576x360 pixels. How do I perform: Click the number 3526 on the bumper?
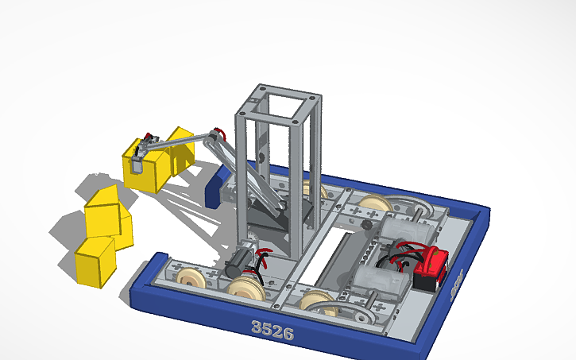coord(272,328)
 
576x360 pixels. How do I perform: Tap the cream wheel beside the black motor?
coord(247,287)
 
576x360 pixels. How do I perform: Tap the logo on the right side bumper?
coord(456,281)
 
